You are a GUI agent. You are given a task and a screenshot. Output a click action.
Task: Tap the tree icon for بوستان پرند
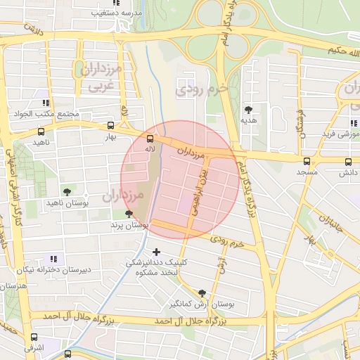[x=128, y=214]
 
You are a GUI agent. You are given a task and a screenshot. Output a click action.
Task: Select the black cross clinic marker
[x=156, y=251]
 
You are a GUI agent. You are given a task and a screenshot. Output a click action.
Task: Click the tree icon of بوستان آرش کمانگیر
[x=202, y=293]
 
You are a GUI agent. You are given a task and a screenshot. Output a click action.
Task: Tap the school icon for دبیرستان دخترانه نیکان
[x=55, y=259]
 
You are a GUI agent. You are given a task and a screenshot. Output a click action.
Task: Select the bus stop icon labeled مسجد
[x=304, y=160]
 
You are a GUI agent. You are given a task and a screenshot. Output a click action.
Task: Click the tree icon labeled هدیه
[x=248, y=109]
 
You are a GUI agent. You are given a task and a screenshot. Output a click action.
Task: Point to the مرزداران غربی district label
[x=101, y=77]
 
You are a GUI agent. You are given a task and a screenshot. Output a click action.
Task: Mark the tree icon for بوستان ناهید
[x=67, y=191]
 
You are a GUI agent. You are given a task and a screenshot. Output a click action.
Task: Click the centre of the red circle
[x=181, y=179]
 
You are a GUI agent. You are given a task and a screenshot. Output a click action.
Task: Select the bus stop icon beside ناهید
[x=41, y=131]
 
